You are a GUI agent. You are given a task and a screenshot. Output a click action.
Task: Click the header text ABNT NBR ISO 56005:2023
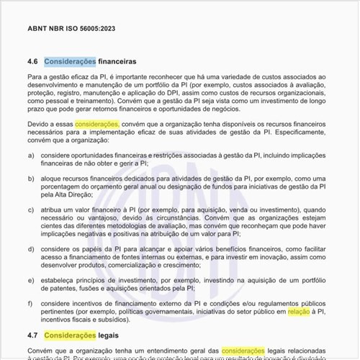[x=71, y=29]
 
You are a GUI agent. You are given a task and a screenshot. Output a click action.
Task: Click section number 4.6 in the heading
[x=33, y=61]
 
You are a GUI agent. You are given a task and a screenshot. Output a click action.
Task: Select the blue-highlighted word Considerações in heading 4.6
[x=69, y=61]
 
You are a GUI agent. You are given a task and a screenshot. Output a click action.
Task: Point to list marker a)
[x=32, y=156]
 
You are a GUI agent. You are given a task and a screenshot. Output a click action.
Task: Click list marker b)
[x=32, y=177]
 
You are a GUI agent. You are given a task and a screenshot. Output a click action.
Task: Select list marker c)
[x=32, y=210]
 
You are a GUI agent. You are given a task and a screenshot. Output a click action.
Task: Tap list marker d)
[x=32, y=249]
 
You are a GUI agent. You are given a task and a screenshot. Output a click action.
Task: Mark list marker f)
[x=32, y=304]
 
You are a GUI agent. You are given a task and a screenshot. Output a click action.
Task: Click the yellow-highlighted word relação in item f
[x=298, y=312]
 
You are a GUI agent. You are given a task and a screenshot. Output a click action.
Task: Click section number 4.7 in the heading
[x=33, y=336]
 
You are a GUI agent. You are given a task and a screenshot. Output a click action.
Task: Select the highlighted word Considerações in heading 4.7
[x=69, y=336]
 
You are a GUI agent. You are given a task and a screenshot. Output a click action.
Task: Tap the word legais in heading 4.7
[x=109, y=336]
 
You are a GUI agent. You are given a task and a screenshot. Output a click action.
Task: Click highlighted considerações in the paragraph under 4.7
[x=243, y=351]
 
